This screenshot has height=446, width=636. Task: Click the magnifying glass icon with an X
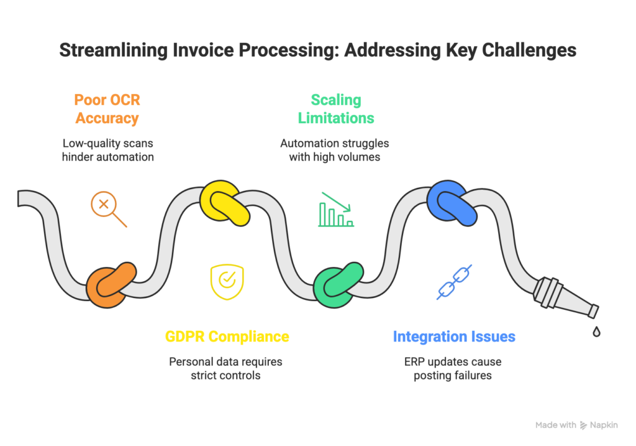(x=108, y=209)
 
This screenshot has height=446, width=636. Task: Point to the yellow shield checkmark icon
(x=227, y=282)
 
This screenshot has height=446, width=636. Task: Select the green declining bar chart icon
(x=336, y=210)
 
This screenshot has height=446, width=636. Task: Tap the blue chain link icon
(x=454, y=282)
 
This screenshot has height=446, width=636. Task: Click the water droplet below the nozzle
(x=596, y=332)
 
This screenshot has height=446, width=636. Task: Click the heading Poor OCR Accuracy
(x=107, y=109)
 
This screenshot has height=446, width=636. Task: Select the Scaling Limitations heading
(x=335, y=109)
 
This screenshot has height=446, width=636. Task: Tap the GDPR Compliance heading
(x=227, y=337)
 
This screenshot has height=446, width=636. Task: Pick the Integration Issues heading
(x=453, y=337)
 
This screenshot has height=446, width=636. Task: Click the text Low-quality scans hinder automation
(x=107, y=150)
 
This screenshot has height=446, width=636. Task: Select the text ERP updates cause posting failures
(x=453, y=368)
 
